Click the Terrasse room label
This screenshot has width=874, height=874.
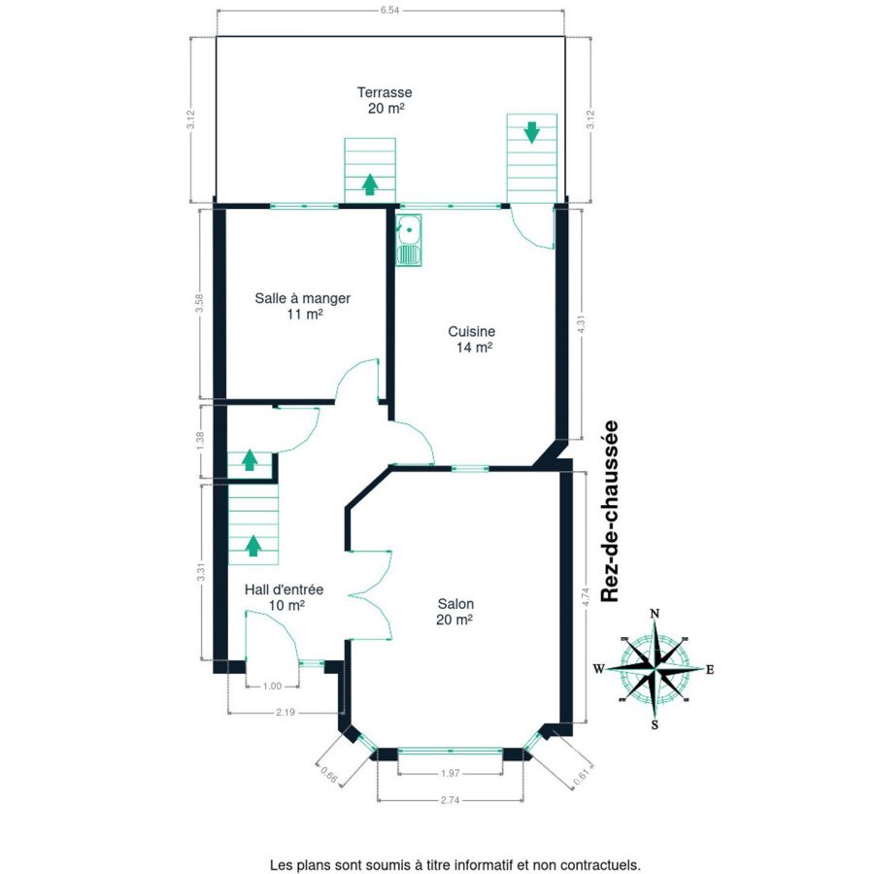tap(385, 100)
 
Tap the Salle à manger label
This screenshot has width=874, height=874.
tap(303, 306)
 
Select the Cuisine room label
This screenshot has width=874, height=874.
tap(472, 340)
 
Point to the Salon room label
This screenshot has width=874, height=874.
tap(455, 612)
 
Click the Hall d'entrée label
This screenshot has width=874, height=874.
tap(285, 597)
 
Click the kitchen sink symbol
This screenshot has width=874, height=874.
tap(409, 239)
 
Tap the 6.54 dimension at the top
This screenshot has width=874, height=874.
tap(390, 10)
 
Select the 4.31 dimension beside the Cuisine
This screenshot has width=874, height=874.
tap(582, 324)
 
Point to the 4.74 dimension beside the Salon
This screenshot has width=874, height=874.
tap(586, 597)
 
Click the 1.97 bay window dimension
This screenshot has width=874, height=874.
tap(450, 773)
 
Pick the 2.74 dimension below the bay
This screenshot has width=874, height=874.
tap(450, 800)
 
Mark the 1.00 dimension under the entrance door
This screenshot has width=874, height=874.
tap(272, 687)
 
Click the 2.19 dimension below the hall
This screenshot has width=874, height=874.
tap(286, 712)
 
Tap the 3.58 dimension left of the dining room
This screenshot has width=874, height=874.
tap(199, 304)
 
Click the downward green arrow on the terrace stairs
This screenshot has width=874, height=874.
tap(532, 132)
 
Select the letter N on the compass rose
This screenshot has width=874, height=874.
tap(655, 614)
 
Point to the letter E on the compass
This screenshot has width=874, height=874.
tap(710, 670)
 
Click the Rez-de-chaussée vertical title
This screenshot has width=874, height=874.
tap(610, 511)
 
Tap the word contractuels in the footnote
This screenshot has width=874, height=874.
tap(602, 865)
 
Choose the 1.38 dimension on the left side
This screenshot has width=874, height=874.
tap(201, 441)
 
